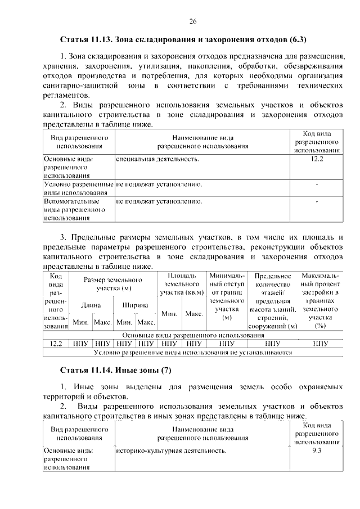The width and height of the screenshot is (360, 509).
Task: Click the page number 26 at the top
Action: tap(192, 21)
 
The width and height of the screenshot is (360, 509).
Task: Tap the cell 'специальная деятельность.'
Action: tap(157, 160)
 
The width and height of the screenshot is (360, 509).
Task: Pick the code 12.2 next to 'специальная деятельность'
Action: tap(317, 160)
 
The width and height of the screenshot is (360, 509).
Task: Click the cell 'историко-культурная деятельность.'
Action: tap(170, 451)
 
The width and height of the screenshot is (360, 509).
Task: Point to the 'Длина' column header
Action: tap(91, 305)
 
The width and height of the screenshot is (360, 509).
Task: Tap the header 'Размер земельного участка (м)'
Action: tap(112, 284)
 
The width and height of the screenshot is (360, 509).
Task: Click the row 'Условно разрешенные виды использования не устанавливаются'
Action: tap(192, 353)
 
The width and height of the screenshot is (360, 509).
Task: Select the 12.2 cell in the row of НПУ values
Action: tap(56, 344)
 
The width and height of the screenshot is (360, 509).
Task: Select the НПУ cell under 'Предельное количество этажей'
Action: tap(273, 344)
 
